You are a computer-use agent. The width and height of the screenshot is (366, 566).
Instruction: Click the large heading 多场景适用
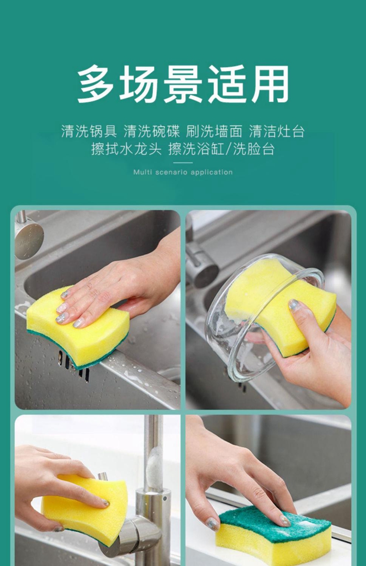(183, 84)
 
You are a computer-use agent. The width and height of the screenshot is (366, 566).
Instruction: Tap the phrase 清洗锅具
(89, 132)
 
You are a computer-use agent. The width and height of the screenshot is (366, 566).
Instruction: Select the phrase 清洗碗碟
(152, 132)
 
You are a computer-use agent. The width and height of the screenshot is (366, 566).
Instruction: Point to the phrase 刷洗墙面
(214, 132)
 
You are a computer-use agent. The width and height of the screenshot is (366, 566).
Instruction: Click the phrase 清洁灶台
(277, 132)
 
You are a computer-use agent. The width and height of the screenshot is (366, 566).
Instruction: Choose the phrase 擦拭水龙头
(126, 149)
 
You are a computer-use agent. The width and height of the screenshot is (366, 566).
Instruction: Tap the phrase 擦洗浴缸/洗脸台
(222, 149)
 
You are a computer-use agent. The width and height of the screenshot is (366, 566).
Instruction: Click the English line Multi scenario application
(183, 172)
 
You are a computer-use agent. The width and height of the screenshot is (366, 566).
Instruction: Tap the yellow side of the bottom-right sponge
(271, 545)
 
